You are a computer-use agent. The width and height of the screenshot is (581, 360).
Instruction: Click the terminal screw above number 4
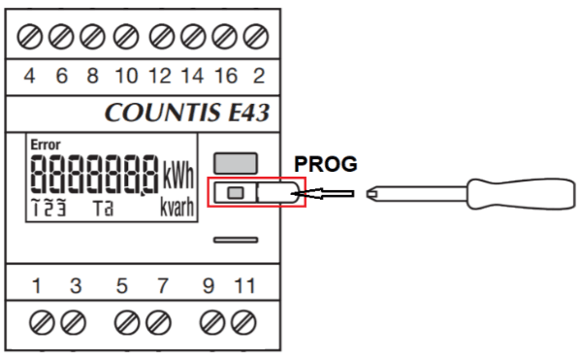[x=30, y=37]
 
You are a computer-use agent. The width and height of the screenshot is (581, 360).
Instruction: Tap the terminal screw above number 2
[x=256, y=37]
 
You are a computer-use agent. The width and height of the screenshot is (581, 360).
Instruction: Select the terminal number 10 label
[x=127, y=76]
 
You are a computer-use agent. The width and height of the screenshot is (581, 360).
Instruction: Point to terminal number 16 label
[x=226, y=76]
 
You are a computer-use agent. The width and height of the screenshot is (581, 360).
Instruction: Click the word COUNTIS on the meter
[x=162, y=113]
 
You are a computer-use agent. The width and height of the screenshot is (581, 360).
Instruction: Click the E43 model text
[x=248, y=113]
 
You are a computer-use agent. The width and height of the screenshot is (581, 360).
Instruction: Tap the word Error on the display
[x=46, y=145]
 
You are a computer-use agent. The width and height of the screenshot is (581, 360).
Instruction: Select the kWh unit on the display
[x=178, y=176]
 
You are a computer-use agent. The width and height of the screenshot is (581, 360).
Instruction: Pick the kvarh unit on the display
[x=178, y=207]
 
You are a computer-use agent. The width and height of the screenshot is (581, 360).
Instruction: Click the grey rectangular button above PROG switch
[x=236, y=163]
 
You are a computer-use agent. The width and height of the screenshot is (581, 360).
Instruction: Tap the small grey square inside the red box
[x=236, y=193]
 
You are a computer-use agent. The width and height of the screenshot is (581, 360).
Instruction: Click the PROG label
[x=326, y=164]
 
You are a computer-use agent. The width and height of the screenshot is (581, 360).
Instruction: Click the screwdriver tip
[x=369, y=194]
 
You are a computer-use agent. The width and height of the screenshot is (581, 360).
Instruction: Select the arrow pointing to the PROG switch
[x=323, y=193]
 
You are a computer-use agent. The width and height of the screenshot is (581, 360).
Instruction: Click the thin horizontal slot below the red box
[x=236, y=240]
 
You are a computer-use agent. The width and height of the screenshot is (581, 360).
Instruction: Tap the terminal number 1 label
[x=36, y=286]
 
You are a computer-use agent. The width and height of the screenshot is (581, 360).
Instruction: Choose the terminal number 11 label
[x=245, y=286]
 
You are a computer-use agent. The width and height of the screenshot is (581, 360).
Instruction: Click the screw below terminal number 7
[x=158, y=322]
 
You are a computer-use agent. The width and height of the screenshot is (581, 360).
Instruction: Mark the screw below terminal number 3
[x=74, y=322]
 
